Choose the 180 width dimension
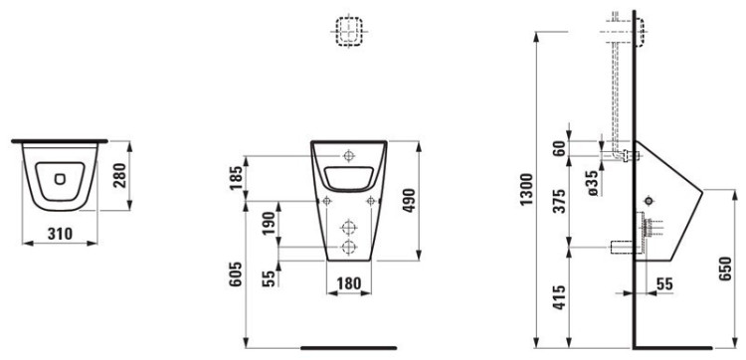[x=348, y=284]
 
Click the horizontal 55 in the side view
[x=664, y=284]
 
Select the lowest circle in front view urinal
[x=348, y=247]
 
